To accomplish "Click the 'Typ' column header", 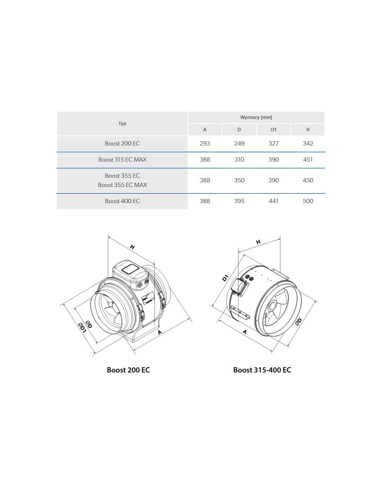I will [x=122, y=124].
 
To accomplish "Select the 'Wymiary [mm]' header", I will [x=256, y=117].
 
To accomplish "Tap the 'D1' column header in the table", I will [x=273, y=130].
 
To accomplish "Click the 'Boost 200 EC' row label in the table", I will [x=122, y=144].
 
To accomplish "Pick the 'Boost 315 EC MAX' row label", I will [x=122, y=160].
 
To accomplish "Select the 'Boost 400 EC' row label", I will [x=122, y=201].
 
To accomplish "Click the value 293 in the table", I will [x=205, y=144].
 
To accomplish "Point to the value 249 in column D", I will [x=239, y=144].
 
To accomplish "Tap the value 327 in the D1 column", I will [x=273, y=144].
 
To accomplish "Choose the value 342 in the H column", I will [x=308, y=144].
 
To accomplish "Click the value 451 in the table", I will [x=308, y=160].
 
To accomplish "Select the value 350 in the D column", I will [x=239, y=180].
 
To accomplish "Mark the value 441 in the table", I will [x=273, y=201].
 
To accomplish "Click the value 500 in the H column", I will [x=308, y=201].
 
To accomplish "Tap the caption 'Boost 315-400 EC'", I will [x=262, y=370].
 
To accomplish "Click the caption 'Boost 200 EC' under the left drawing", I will [x=128, y=370].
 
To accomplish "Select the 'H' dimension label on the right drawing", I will [x=258, y=242].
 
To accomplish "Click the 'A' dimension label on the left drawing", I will [x=160, y=332].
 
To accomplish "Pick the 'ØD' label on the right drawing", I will [x=298, y=321].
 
